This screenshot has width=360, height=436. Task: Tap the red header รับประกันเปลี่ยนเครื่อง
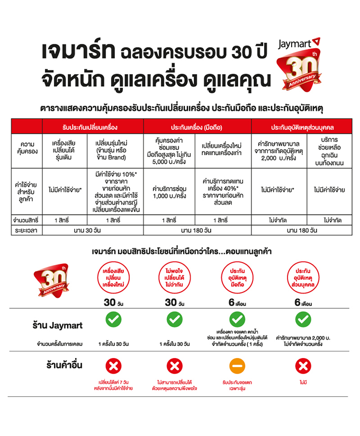pyautogui.click(x=89, y=127)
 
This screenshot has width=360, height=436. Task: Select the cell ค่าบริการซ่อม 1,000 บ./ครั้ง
pyautogui.click(x=169, y=192)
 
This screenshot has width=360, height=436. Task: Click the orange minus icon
pyautogui.click(x=237, y=366)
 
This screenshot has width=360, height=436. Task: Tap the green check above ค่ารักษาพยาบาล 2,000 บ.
pyautogui.click(x=303, y=319)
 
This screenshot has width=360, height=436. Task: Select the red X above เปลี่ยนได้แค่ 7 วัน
pyautogui.click(x=113, y=366)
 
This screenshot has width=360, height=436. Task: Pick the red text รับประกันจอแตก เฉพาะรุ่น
pyautogui.click(x=237, y=385)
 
